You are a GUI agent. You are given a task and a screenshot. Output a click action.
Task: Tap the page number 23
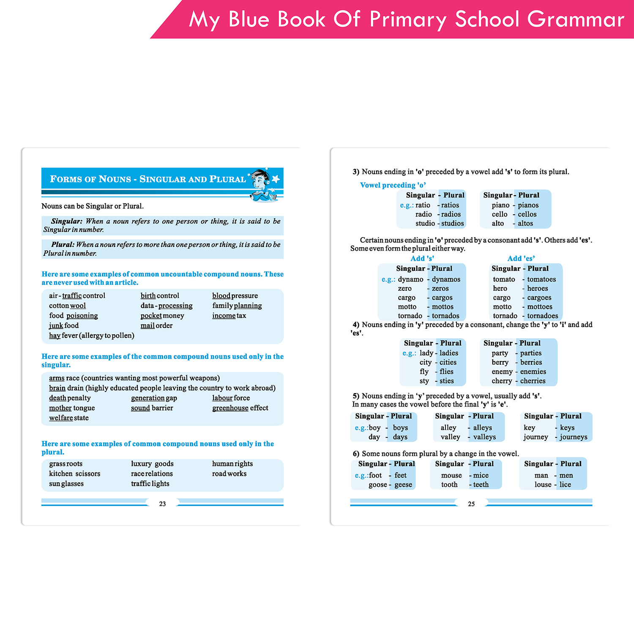point(162,504)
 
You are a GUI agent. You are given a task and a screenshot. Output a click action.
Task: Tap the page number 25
point(471,504)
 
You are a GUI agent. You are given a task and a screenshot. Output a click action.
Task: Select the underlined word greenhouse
point(230,408)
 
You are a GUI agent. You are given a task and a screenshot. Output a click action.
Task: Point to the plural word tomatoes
point(541,279)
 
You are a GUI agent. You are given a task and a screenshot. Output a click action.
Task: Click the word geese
point(403,485)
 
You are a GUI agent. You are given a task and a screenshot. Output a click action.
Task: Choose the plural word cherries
point(533,381)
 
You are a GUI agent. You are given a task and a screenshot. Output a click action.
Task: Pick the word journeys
point(574,437)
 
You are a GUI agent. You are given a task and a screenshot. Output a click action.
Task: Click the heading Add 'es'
point(521,259)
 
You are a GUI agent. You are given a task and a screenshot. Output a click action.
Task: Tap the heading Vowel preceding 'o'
point(393,185)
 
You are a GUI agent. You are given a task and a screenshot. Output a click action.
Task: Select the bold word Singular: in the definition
point(67,221)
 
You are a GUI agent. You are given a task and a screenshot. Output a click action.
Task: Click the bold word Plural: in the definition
point(63,244)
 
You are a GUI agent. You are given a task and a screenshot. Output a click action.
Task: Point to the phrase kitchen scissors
point(75,474)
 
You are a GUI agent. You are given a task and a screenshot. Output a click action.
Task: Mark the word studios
point(453,224)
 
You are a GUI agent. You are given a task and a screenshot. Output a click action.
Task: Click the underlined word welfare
point(61,418)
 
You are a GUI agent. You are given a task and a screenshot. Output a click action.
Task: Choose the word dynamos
point(446,279)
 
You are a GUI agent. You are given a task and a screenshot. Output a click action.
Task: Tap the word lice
point(565,485)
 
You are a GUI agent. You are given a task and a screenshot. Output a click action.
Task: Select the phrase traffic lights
point(150,484)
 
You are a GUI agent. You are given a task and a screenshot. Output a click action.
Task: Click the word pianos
point(528,205)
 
